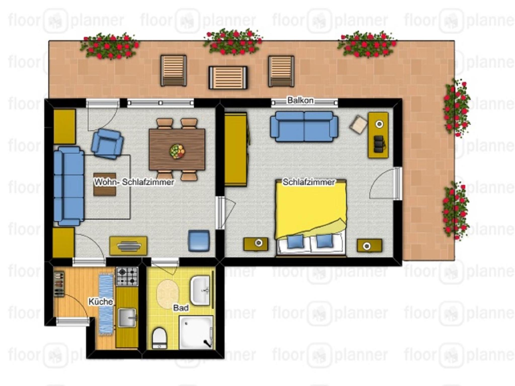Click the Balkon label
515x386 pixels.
[300, 101]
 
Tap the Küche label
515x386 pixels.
[101, 302]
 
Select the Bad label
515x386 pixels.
[181, 308]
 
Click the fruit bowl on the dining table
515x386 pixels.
[177, 151]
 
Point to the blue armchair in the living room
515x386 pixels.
[107, 144]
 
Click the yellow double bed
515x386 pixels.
[311, 218]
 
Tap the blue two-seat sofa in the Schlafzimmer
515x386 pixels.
[304, 127]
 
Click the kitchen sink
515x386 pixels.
[127, 318]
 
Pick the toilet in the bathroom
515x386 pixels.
[159, 338]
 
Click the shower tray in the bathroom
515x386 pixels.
[196, 332]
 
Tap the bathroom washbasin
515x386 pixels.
[200, 290]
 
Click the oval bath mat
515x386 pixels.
[168, 294]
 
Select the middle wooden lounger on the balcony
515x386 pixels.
[228, 77]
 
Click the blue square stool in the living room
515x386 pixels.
[199, 241]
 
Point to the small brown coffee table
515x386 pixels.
[105, 184]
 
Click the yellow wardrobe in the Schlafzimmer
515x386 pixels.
[236, 149]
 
